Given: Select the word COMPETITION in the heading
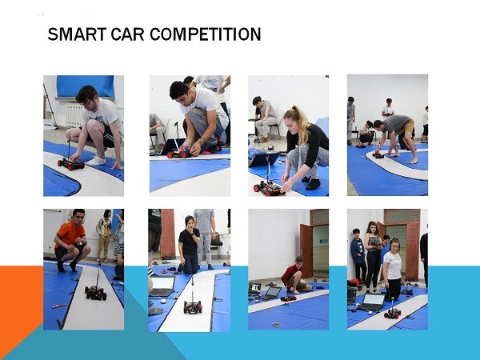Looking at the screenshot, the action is coord(205,34).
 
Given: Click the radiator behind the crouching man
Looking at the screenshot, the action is coord(74,114).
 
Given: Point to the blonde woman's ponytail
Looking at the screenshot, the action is coord(301,122).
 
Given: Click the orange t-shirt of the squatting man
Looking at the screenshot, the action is coord(69,234).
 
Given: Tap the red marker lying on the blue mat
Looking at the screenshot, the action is coord(58,306).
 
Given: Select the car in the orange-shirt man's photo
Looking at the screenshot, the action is coord(95,292).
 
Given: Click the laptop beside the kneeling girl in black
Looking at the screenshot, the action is coord(163,286).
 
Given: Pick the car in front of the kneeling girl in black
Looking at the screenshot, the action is coord(193,306).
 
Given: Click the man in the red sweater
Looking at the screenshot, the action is coord(294,274).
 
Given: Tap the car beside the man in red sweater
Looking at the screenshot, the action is coord(288,298).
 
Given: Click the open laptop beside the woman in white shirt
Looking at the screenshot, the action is coord(372,302).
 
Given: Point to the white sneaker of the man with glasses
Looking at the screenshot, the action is coord(96,161).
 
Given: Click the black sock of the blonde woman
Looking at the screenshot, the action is coord(312,184).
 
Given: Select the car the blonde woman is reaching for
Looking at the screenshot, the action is coord(268,188).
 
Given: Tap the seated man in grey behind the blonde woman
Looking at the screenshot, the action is coord(264,119).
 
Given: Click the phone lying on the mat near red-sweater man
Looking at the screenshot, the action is coord(276,325).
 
